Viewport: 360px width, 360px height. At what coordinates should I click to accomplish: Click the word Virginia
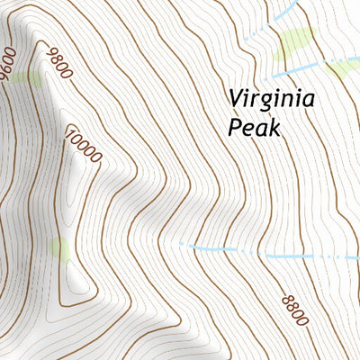point(271,99)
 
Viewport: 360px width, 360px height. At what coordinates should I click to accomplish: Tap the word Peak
point(254,127)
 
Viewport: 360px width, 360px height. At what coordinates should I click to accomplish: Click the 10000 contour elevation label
point(84,144)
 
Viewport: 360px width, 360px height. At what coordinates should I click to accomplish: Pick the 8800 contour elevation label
point(294,310)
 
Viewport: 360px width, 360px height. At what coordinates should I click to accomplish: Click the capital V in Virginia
point(235,97)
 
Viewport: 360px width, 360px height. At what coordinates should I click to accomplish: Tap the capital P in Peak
point(235,127)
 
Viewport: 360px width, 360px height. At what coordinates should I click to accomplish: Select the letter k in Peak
point(274,127)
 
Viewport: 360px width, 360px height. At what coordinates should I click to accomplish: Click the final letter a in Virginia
point(308,99)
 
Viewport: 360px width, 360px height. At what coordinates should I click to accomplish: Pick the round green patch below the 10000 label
point(60,248)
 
